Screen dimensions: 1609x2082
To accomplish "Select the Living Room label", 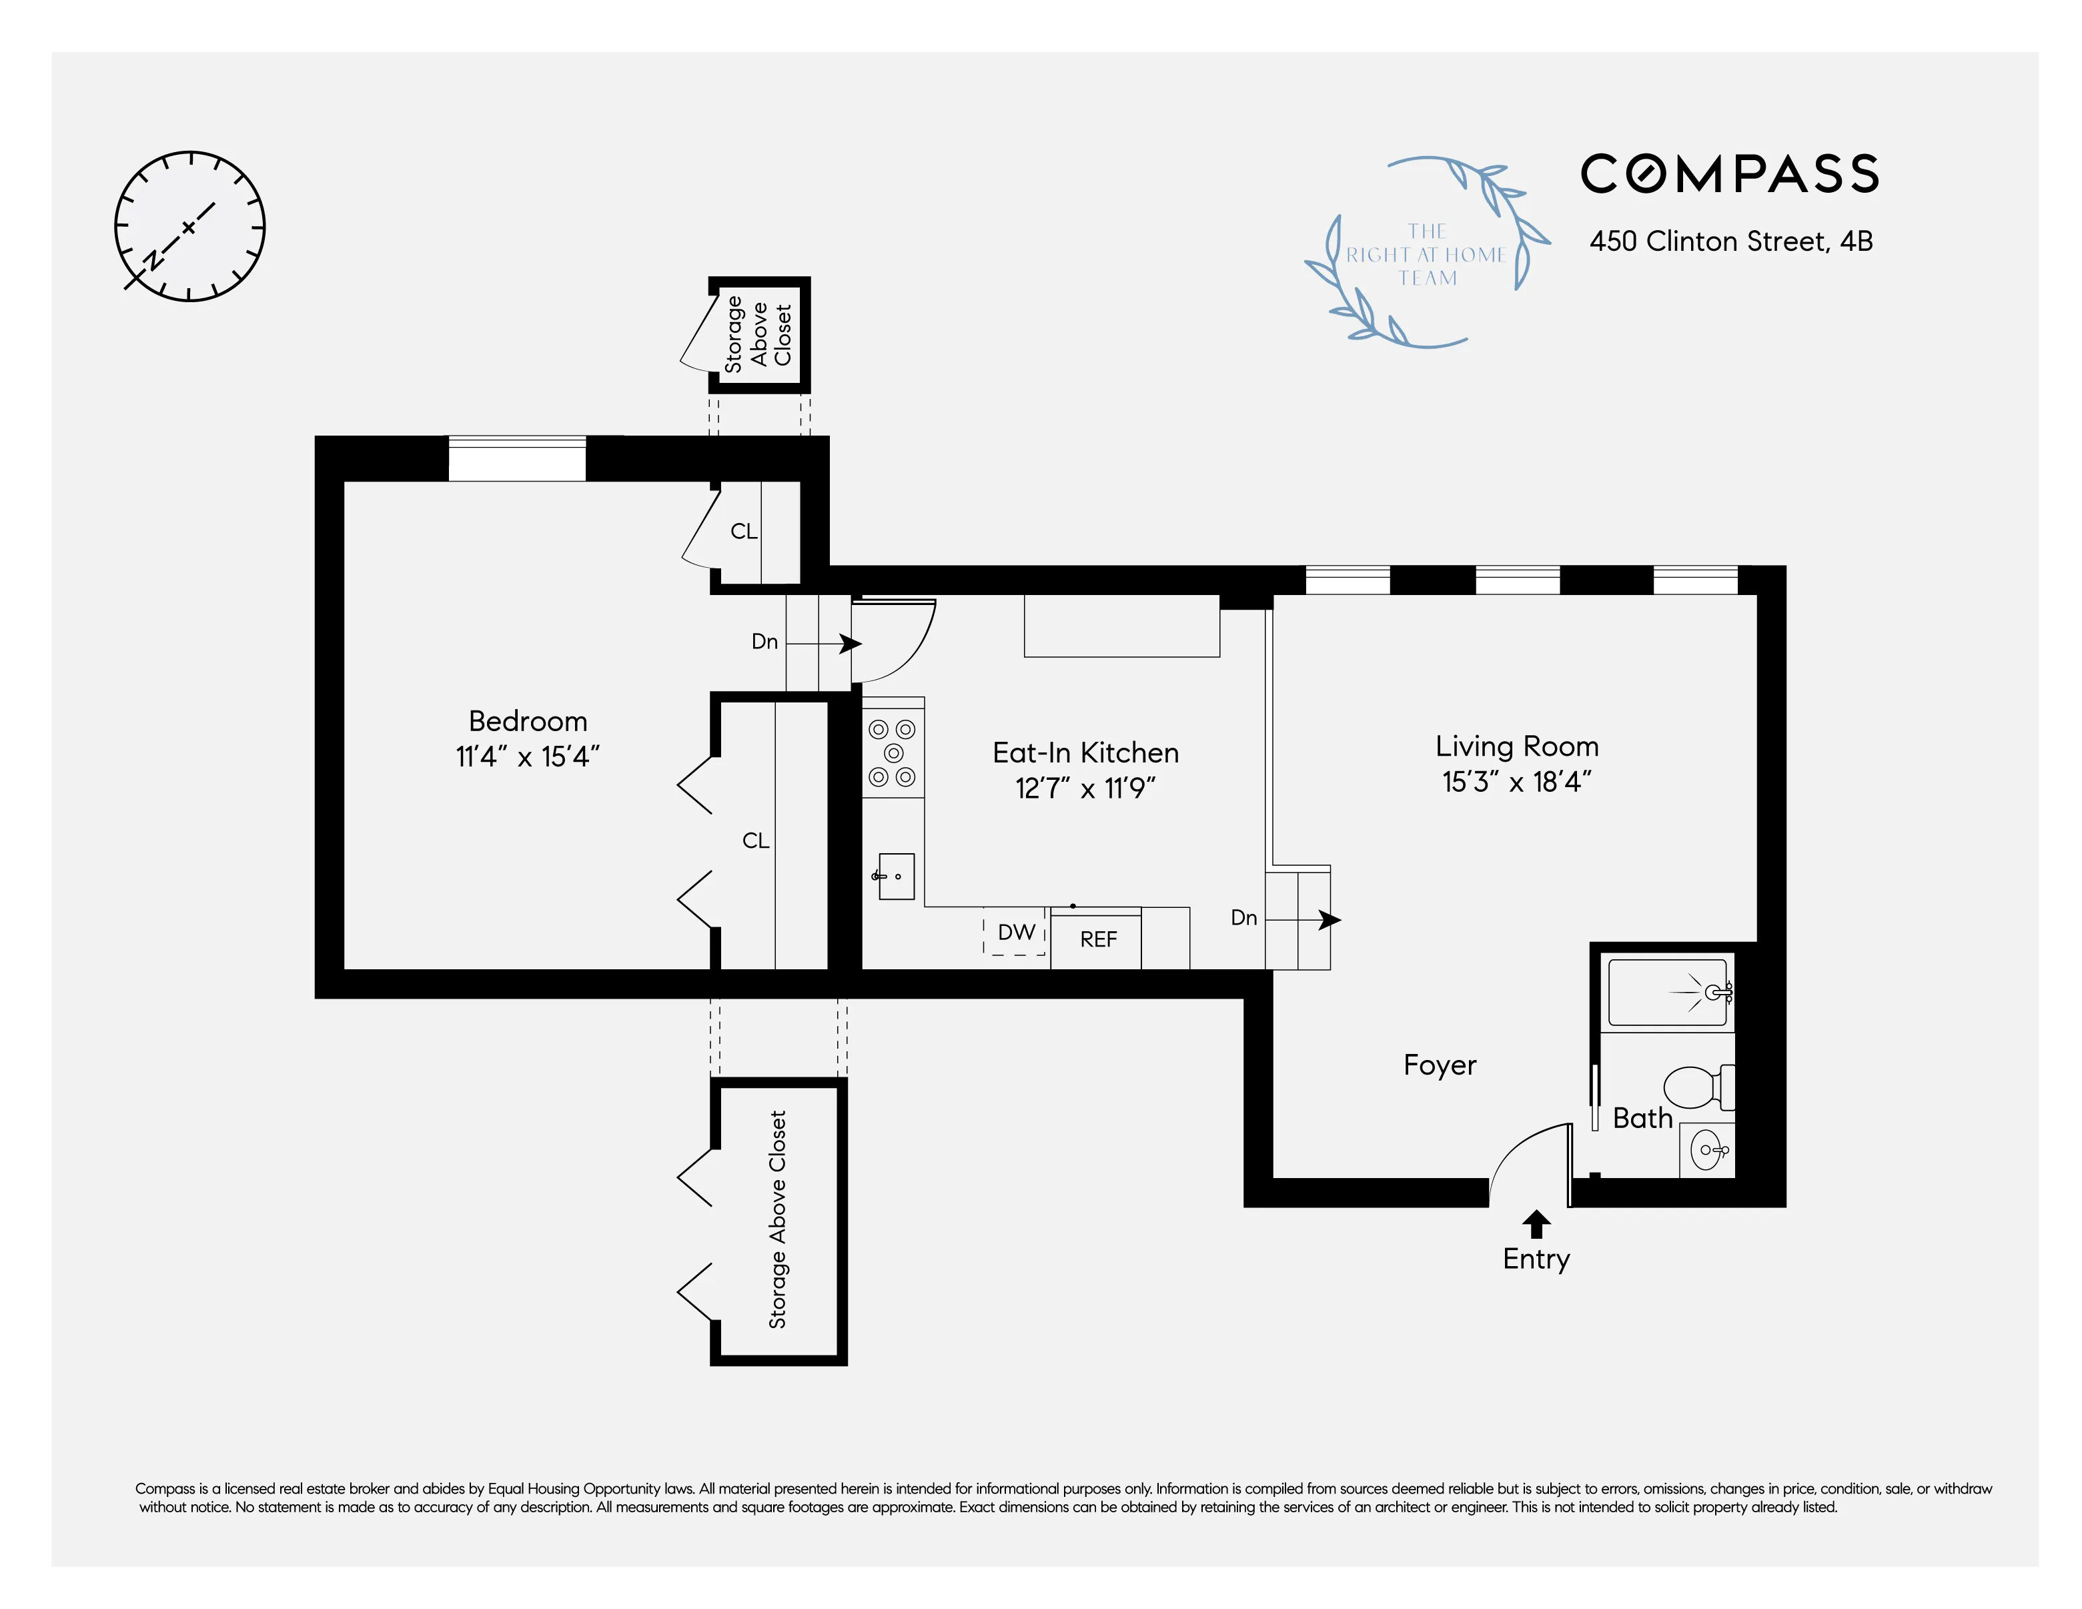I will coord(1517,746).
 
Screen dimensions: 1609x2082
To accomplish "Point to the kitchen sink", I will coord(895,876).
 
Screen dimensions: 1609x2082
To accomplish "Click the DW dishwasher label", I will coord(1016,932).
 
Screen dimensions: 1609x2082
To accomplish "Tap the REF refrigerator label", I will coord(1097,940).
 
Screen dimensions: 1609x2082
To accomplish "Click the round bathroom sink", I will coord(1706,1151).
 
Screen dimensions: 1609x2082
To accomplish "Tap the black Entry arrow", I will coord(1536,1223).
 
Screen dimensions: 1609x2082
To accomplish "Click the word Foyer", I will coord(1440,1065).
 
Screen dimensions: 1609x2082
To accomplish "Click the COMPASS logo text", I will coord(1729,174).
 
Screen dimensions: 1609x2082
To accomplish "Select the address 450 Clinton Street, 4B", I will coord(1730,241).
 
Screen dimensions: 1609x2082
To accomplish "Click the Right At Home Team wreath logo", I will coord(1426,253).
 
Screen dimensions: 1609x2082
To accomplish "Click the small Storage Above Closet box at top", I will coord(759,335).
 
